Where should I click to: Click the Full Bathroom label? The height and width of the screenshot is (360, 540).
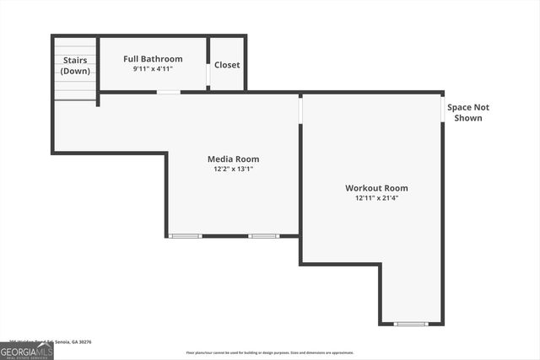click(x=153, y=59)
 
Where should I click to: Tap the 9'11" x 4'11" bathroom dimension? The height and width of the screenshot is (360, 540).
click(x=153, y=69)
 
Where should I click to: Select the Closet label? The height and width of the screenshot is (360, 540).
click(x=227, y=65)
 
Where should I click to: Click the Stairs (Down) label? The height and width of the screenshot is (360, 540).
click(x=75, y=66)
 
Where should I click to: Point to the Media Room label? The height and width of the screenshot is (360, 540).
click(x=234, y=159)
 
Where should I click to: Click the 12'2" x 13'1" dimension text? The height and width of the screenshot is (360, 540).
click(x=234, y=169)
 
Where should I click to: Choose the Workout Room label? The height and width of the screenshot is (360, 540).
click(x=376, y=188)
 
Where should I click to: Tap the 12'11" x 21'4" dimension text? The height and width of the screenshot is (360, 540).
click(x=376, y=198)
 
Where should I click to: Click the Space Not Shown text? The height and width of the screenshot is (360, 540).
click(x=468, y=112)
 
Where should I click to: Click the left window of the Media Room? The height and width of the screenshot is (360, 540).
click(x=185, y=236)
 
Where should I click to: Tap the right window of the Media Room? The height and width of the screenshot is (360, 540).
click(x=263, y=236)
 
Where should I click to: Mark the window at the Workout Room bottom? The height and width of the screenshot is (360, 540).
click(x=411, y=324)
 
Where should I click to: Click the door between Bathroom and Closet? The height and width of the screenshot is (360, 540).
click(x=208, y=74)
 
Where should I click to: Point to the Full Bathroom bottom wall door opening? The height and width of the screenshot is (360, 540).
click(x=169, y=92)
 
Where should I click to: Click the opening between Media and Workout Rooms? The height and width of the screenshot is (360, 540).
click(x=300, y=110)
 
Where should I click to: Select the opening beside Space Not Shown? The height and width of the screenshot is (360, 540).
click(x=443, y=110)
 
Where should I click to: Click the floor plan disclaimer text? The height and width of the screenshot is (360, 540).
click(x=269, y=352)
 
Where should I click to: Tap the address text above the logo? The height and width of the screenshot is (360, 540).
click(x=51, y=341)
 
